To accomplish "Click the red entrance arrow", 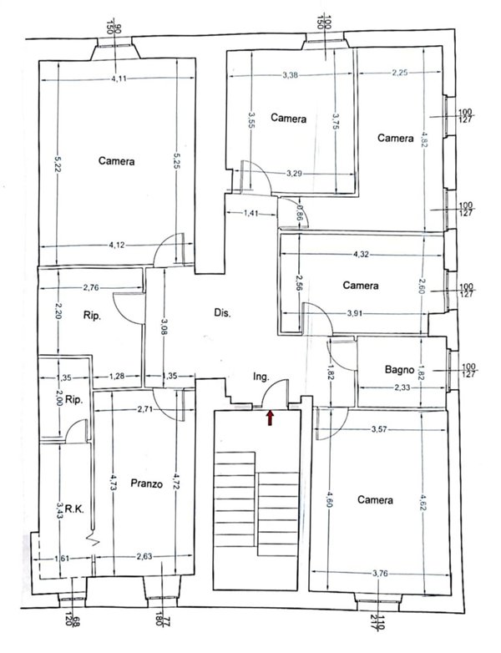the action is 270,418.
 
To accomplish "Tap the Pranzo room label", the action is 146,483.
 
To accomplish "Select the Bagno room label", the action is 399,369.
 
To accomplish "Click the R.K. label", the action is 75,509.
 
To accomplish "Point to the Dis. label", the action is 222,313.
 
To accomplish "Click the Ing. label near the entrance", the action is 261,377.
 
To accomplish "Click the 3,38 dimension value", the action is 291,75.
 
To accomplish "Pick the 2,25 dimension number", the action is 399,73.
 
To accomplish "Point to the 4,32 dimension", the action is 361,255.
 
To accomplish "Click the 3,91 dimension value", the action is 355,314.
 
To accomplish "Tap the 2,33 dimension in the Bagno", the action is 402,387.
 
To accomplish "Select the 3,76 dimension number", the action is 380,574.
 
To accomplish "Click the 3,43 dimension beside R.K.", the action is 59,509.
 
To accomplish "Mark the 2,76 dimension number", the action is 91,287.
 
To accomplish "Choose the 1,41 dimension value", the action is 250,213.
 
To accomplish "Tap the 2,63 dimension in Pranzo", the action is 144,556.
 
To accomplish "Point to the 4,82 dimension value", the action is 423,139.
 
